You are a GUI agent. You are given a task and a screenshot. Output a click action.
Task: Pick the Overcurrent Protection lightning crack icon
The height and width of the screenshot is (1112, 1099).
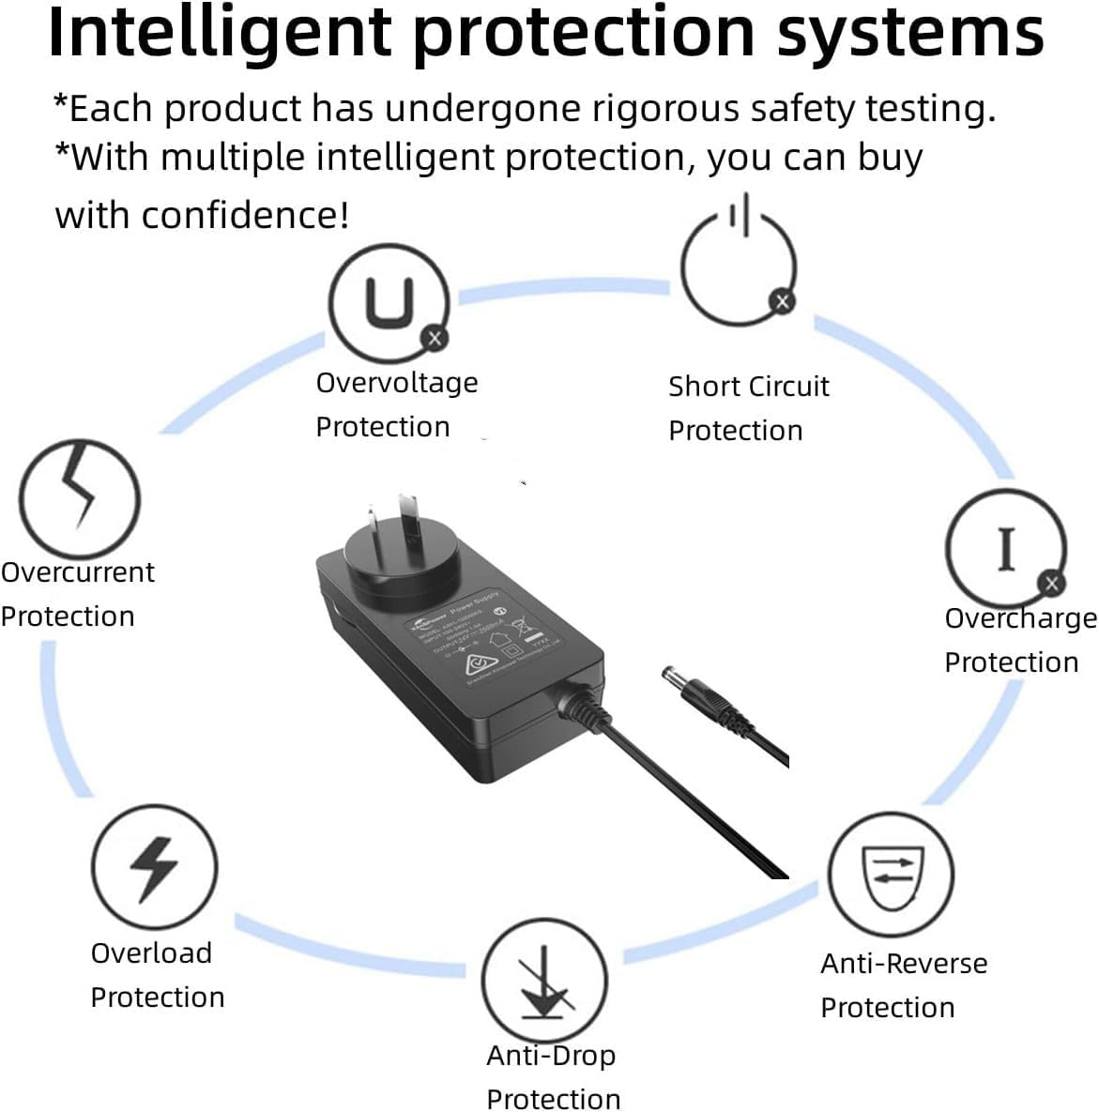pos(80,499)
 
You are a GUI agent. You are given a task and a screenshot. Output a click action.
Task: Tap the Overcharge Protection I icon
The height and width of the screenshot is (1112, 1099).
pos(1005,548)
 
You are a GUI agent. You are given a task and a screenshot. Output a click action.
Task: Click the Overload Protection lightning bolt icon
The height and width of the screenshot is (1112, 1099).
pos(154,866)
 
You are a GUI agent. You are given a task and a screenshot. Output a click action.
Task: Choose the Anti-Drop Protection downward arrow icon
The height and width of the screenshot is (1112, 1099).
pos(544,980)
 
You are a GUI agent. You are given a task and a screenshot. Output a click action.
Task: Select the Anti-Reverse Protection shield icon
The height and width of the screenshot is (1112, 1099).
pos(890,876)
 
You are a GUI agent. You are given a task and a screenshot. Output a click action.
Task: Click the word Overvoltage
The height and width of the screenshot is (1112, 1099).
pos(396,383)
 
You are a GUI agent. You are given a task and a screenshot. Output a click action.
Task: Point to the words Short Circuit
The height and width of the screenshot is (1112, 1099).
pos(748,387)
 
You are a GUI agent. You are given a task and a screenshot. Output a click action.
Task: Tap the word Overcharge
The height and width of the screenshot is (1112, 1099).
pos(1020,618)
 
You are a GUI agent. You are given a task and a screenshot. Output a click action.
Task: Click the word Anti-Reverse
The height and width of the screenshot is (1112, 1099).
pos(904,964)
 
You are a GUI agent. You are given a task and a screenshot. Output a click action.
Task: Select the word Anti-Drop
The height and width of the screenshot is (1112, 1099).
pos(551,1056)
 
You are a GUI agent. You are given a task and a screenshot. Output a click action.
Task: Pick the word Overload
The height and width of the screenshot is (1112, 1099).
pos(151,953)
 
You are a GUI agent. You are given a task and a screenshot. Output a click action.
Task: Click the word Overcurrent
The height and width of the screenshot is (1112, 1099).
pos(78,572)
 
